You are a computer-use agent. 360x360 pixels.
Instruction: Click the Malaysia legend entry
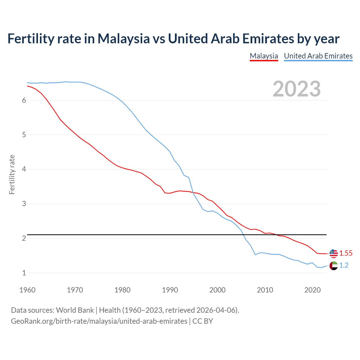(x=264, y=56)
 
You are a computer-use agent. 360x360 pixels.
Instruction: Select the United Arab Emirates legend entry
(x=318, y=56)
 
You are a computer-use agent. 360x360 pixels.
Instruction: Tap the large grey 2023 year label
(x=296, y=89)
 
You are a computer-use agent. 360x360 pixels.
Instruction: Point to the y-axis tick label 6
(x=24, y=100)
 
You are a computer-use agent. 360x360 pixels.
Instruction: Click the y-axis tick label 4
(x=24, y=169)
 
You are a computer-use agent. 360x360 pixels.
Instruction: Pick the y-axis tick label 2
(x=24, y=238)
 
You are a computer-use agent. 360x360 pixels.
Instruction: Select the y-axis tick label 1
(x=24, y=273)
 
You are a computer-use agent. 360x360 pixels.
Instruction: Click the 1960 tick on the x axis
(x=27, y=290)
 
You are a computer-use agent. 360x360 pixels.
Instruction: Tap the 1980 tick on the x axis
(x=122, y=290)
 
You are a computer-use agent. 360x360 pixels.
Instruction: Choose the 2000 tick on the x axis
(x=217, y=290)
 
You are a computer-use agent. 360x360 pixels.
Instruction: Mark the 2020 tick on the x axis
(x=312, y=290)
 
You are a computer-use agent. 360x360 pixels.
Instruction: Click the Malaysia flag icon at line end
(x=334, y=253)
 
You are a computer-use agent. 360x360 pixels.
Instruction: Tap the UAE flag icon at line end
(x=334, y=265)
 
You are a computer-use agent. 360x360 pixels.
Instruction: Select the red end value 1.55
(x=346, y=253)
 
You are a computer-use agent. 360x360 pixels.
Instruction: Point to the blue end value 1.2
(x=344, y=265)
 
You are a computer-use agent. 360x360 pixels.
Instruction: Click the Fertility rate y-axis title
(x=12, y=174)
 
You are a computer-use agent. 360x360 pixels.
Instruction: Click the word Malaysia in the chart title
(x=123, y=39)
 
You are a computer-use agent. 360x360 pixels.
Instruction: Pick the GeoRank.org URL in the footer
(x=99, y=321)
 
